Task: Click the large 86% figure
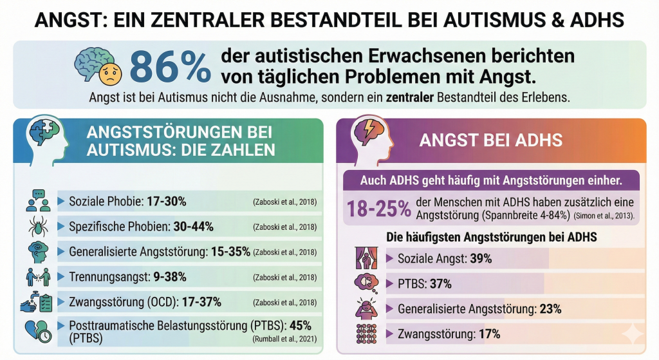(171, 67)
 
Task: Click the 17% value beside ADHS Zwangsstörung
(489, 334)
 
